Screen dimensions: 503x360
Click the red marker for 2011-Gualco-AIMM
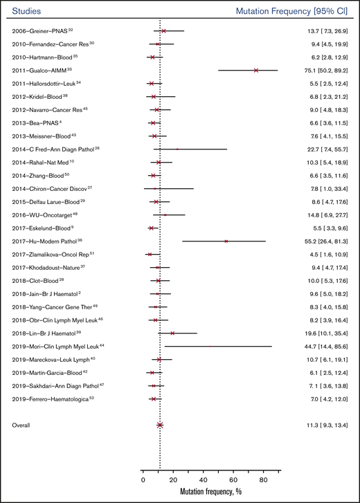click(x=256, y=71)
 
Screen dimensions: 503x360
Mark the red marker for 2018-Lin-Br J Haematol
click(x=172, y=333)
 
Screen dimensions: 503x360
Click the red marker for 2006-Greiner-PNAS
click(x=163, y=31)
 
